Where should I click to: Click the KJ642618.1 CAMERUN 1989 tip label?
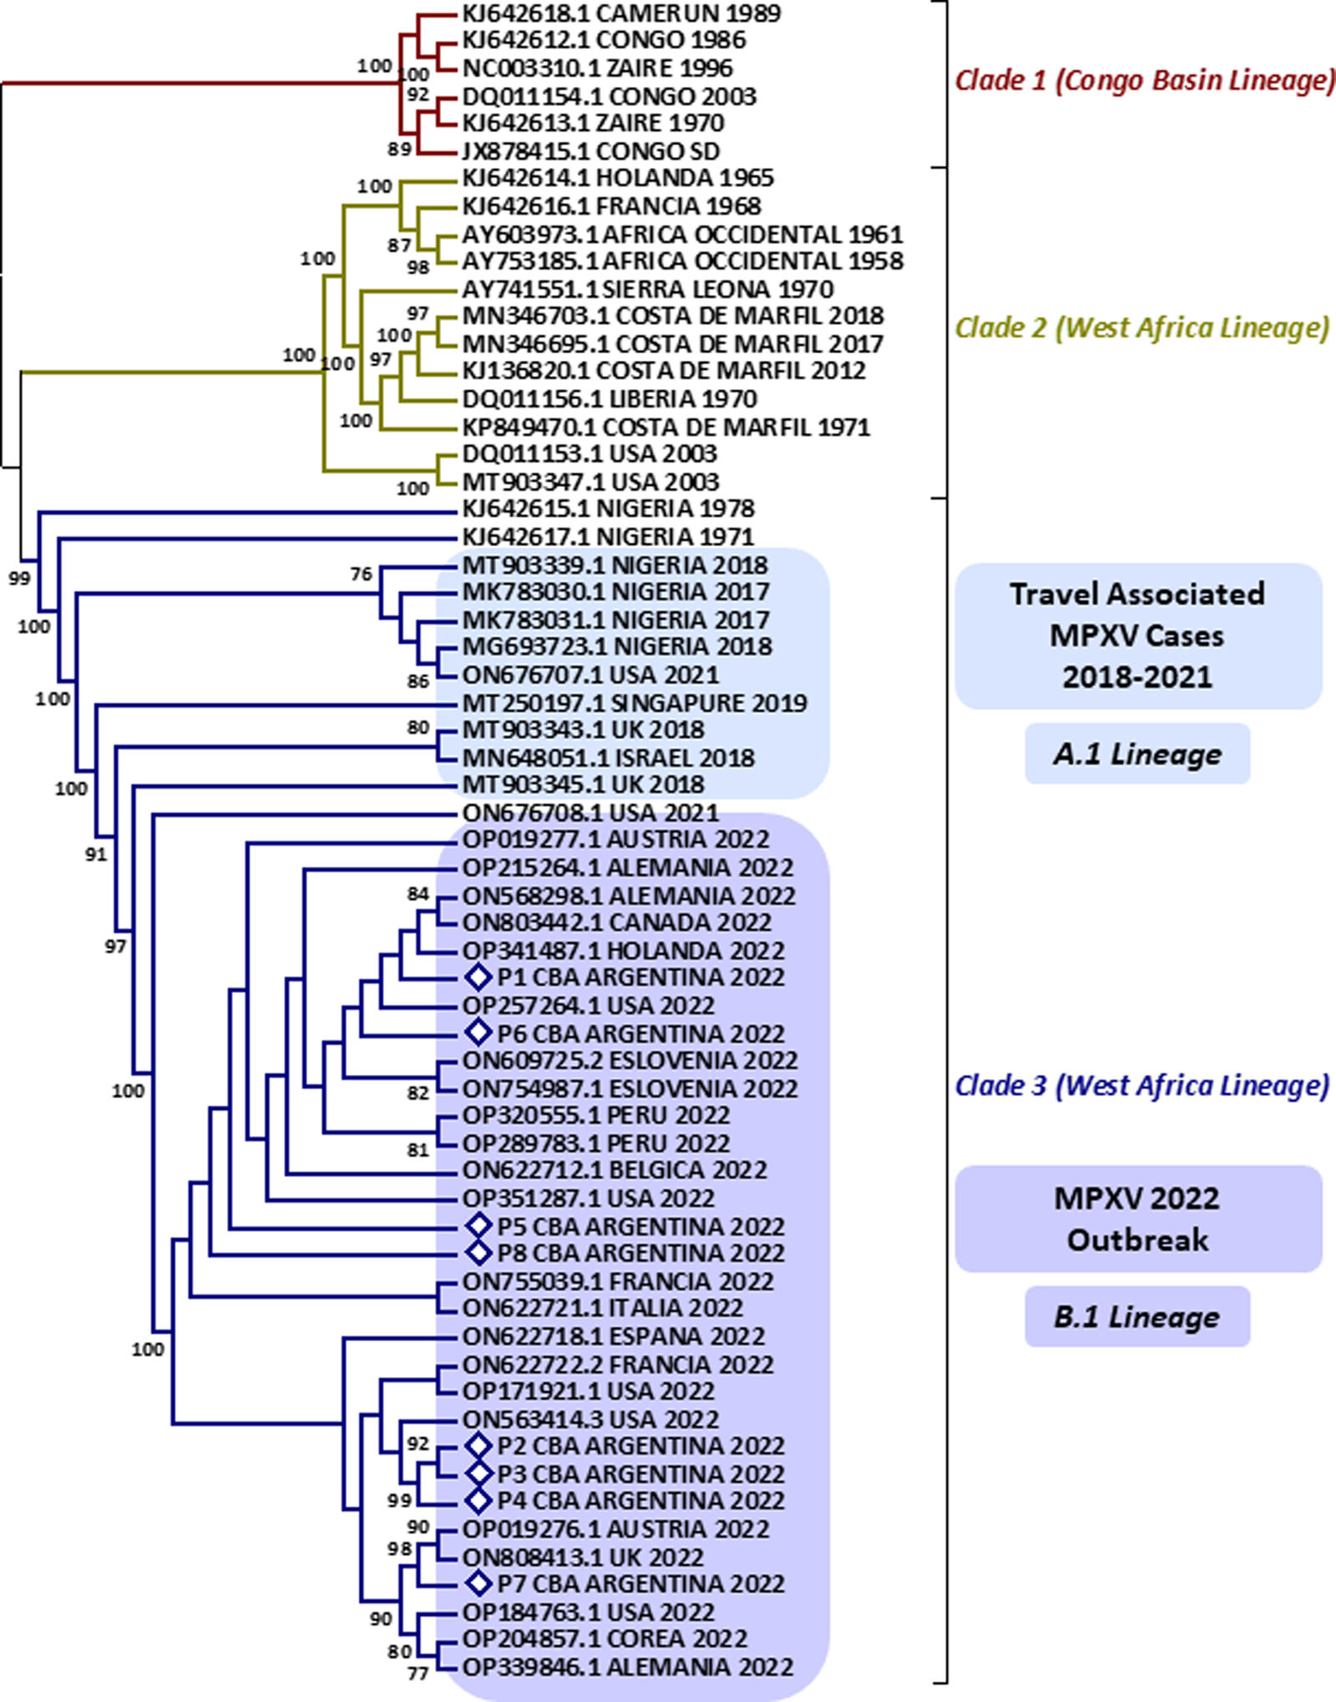point(621,13)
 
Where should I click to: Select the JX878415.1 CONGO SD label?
point(590,151)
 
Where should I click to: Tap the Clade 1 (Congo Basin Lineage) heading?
point(1144,80)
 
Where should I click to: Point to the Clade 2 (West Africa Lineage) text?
point(1141,327)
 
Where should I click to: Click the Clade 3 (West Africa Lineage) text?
point(1141,1085)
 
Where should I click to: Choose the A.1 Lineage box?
point(1136,754)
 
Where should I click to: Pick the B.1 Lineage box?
point(1136,1317)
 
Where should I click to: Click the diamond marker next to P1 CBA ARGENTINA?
point(478,976)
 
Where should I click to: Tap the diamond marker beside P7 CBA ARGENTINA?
point(478,1583)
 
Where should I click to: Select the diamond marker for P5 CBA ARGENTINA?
point(478,1226)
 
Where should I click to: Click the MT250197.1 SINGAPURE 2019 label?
point(635,703)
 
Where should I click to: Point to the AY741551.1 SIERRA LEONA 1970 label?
point(647,289)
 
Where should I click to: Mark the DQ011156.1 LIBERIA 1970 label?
point(610,398)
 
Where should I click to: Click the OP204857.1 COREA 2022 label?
point(605,1639)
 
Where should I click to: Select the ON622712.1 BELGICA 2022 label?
point(615,1170)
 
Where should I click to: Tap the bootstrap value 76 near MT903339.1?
point(361,574)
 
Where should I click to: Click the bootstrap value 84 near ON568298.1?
point(417,894)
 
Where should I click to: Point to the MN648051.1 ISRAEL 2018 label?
point(608,757)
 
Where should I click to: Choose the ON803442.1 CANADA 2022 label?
point(616,922)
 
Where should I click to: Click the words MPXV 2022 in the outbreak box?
point(1136,1198)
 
